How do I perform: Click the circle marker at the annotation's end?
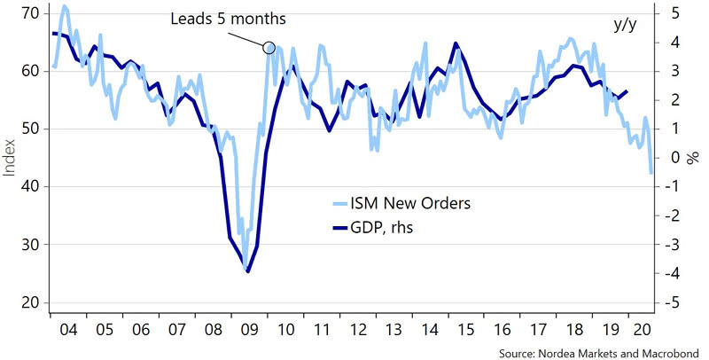[270, 47]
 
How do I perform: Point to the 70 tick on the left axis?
[28, 13]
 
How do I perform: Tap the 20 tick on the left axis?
[28, 303]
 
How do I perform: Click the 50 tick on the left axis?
[28, 129]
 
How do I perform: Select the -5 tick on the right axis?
[673, 303]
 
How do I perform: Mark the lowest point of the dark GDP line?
[248, 271]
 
